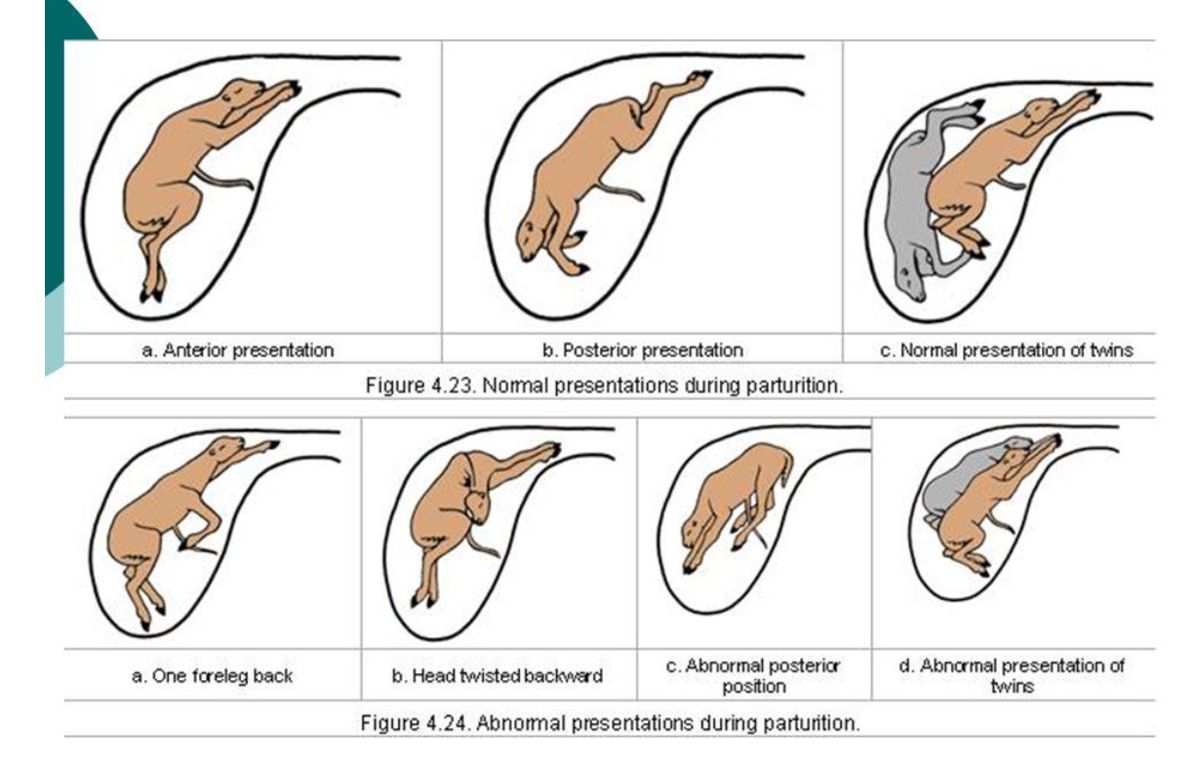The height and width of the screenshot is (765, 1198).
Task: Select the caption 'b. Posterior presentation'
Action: point(642,350)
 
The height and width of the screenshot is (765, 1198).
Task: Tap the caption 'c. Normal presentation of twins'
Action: point(1006,350)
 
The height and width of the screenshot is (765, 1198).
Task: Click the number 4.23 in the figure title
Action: point(452,384)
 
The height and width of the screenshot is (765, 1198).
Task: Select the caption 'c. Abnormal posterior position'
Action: point(753,675)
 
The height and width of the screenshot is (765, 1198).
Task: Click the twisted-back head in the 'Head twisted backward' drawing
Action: point(478,507)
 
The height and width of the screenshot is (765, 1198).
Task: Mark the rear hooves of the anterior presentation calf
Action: point(151,292)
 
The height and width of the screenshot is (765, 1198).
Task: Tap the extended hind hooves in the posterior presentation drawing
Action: point(699,75)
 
